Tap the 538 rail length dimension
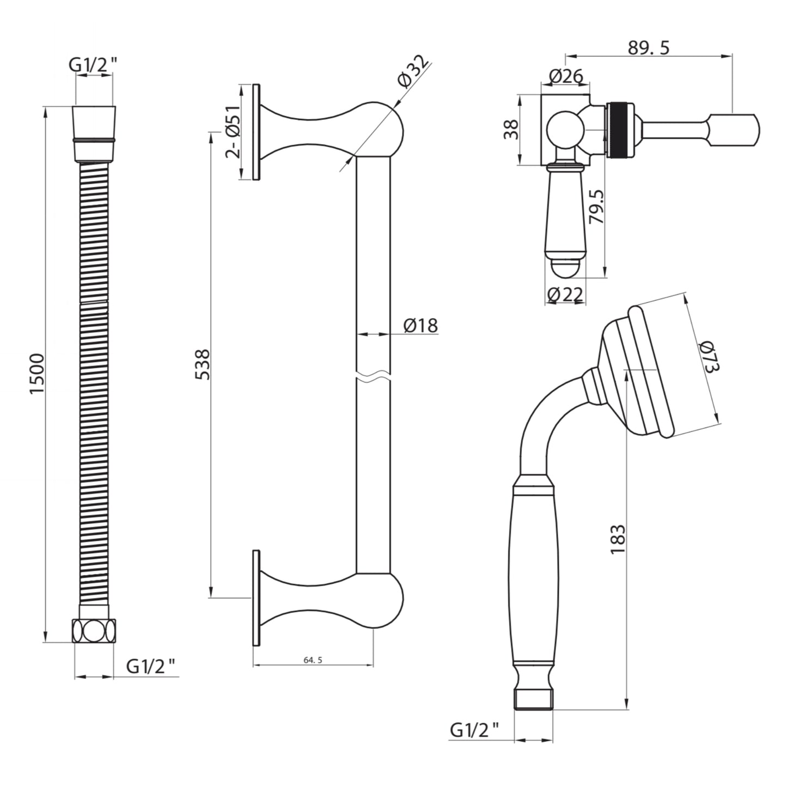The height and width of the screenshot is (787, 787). (x=202, y=364)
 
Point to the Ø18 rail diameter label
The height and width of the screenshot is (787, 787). (x=420, y=325)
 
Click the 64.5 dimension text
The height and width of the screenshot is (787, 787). (x=313, y=660)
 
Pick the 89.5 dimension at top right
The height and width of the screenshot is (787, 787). (x=648, y=47)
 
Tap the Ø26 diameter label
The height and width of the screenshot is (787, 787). (x=565, y=76)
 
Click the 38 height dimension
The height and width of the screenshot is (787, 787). (x=511, y=130)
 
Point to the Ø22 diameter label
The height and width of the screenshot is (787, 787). (x=565, y=295)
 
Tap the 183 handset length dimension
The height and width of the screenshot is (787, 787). (x=618, y=539)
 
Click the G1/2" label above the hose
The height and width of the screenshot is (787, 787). (x=93, y=65)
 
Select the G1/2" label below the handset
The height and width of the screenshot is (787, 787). (x=474, y=729)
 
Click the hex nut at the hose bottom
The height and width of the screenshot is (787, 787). (x=94, y=631)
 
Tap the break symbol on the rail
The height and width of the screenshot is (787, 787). (x=374, y=376)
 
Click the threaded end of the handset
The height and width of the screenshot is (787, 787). (x=534, y=699)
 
